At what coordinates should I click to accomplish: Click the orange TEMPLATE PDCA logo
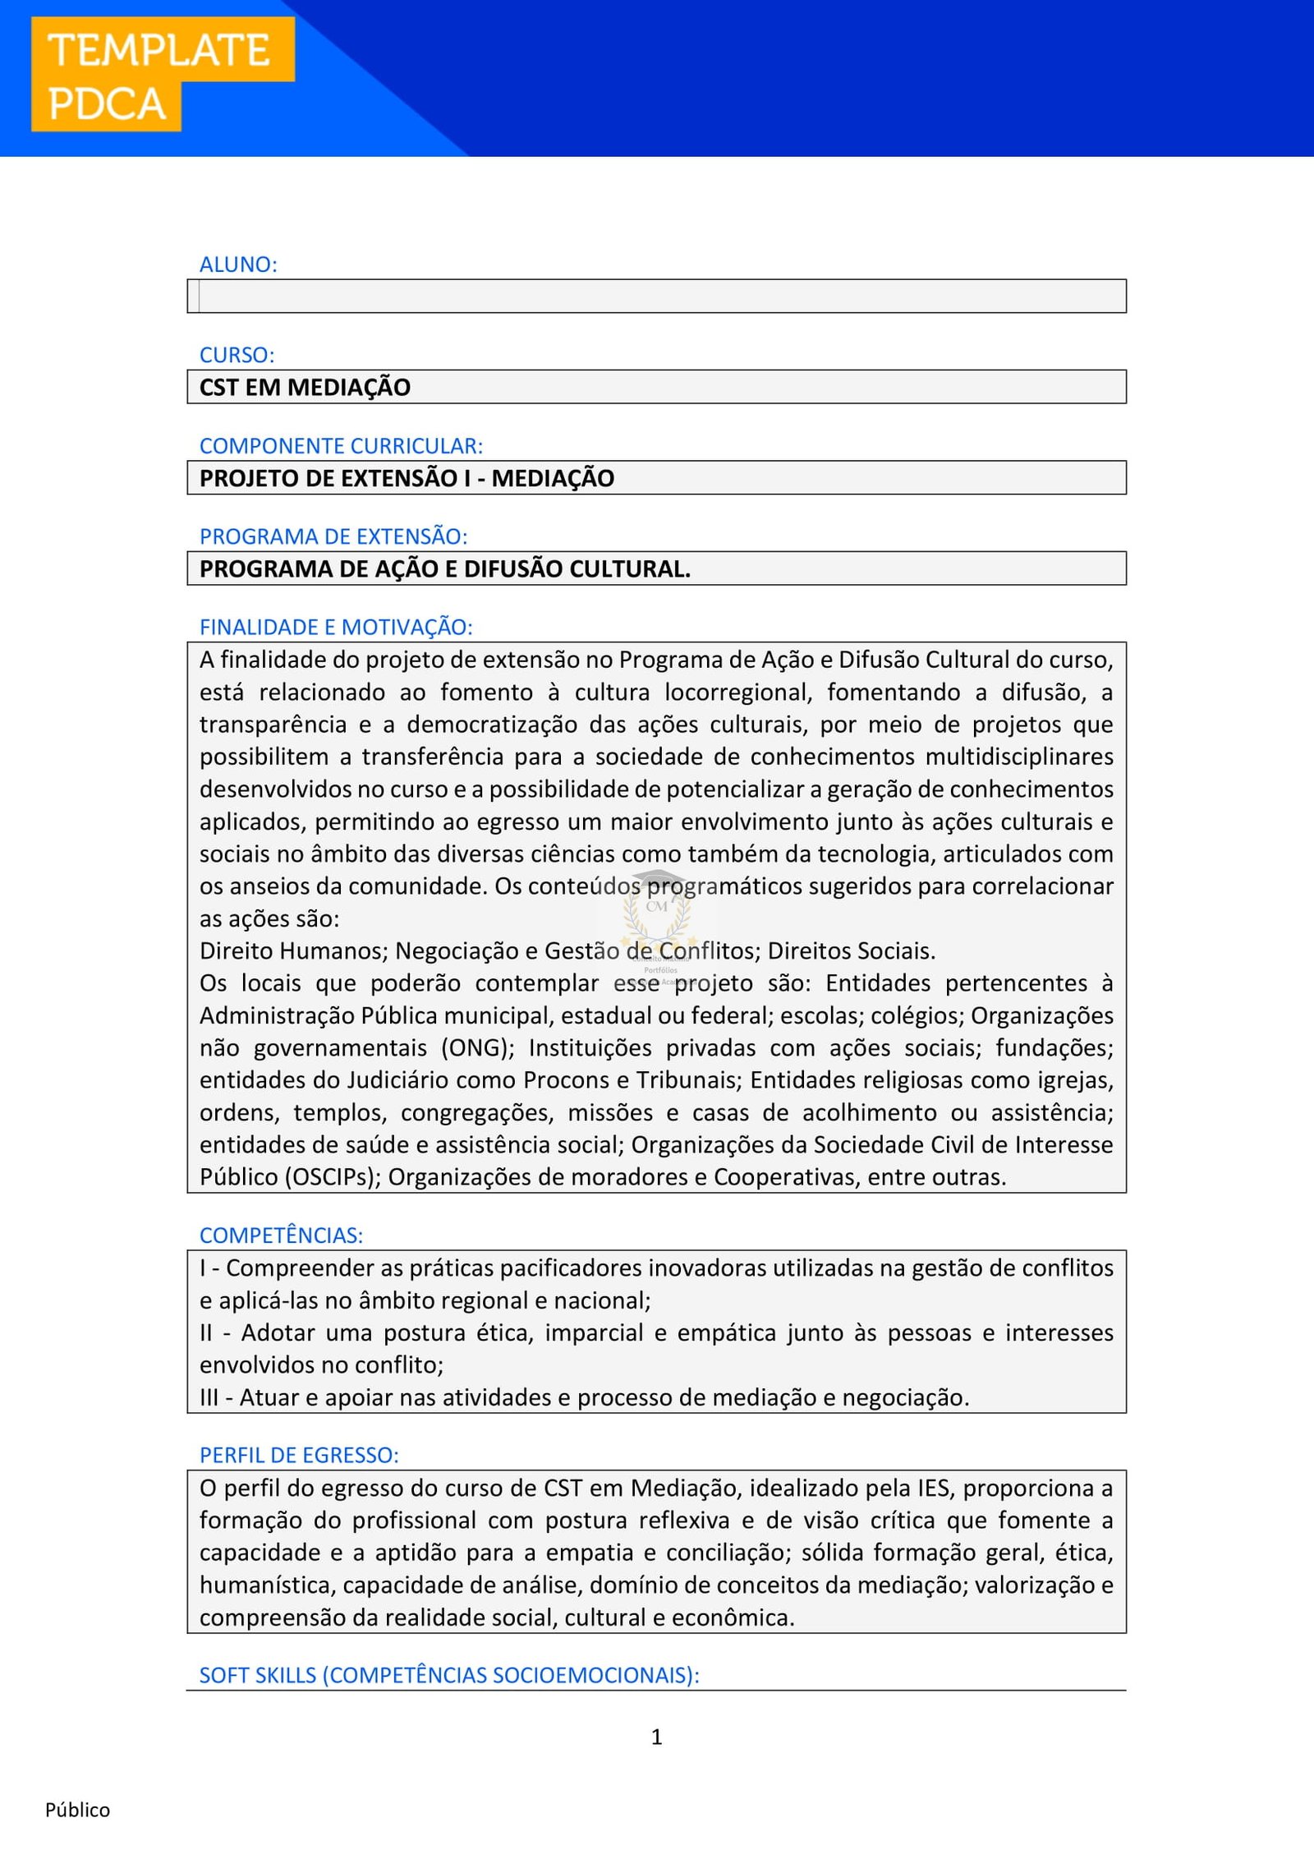pyautogui.click(x=162, y=74)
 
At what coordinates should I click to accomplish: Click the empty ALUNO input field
pyautogui.click(x=657, y=296)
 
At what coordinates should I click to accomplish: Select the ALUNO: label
pyautogui.click(x=238, y=265)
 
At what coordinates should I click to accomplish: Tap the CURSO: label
pyautogui.click(x=237, y=355)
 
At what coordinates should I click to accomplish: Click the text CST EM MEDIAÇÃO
pyautogui.click(x=305, y=387)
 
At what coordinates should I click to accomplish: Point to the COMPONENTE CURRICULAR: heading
pyautogui.click(x=341, y=446)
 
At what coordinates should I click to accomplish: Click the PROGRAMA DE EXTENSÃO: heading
pyautogui.click(x=333, y=536)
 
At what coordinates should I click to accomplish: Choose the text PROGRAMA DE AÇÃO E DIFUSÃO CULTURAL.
pyautogui.click(x=444, y=568)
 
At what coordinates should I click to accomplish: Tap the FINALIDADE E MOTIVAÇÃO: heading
pyautogui.click(x=336, y=627)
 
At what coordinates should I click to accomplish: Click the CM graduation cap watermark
pyautogui.click(x=657, y=908)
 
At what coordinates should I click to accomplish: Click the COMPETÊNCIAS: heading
pyautogui.click(x=281, y=1235)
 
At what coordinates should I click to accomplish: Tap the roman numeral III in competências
pyautogui.click(x=209, y=1397)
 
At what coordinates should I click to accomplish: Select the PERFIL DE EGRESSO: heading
pyautogui.click(x=299, y=1455)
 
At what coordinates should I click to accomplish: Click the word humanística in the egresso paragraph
pyautogui.click(x=268, y=1585)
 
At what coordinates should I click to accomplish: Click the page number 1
pyautogui.click(x=656, y=1737)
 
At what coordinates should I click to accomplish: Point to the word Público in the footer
pyautogui.click(x=77, y=1810)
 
